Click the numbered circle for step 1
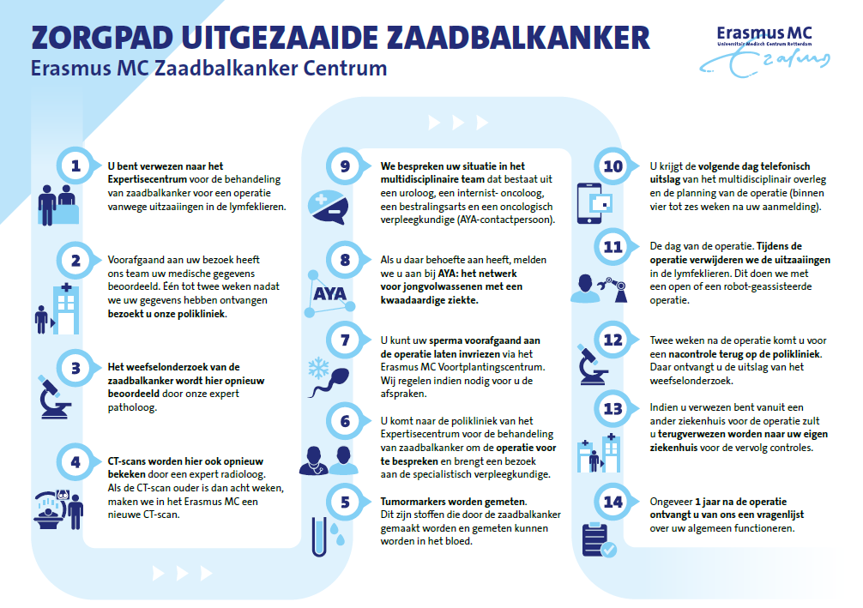[75, 166]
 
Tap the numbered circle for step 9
[345, 166]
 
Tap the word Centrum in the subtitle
[345, 68]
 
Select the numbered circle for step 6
[345, 421]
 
